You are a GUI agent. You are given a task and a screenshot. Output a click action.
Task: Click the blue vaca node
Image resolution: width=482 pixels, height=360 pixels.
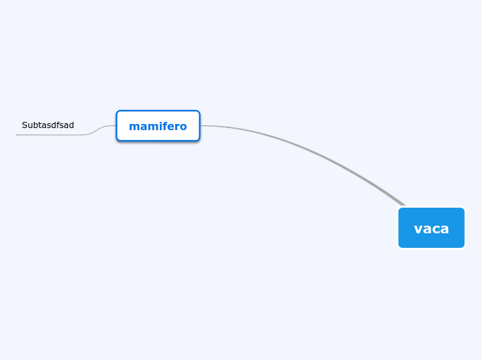(x=431, y=228)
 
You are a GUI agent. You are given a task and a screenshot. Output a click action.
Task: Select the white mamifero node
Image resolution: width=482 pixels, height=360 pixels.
(x=158, y=126)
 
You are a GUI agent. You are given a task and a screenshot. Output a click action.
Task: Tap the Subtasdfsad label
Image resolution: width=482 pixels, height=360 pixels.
(x=48, y=125)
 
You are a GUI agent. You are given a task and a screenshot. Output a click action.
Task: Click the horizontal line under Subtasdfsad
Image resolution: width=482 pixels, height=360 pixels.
(x=48, y=134)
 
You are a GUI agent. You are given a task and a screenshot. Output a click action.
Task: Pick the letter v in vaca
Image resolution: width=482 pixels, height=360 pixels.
(x=418, y=228)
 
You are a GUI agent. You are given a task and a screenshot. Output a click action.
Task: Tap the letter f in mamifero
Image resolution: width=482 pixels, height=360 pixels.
(x=163, y=126)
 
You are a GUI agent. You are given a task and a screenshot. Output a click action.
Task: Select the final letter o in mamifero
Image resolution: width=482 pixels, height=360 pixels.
(x=183, y=127)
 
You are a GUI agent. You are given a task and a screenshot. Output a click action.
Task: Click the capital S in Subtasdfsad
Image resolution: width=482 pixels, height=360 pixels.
(x=24, y=125)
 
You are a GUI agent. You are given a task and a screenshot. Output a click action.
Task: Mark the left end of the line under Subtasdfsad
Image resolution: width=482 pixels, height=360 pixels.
(x=17, y=134)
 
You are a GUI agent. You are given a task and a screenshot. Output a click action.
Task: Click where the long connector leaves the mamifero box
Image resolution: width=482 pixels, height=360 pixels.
(x=201, y=126)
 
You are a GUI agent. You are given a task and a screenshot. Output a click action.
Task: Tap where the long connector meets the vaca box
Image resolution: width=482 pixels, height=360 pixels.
(x=404, y=206)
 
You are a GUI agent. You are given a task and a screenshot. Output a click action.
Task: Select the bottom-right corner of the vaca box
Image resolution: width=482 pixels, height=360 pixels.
(x=463, y=246)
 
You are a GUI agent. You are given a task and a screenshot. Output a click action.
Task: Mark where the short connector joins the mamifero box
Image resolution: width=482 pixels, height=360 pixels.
(x=116, y=126)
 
